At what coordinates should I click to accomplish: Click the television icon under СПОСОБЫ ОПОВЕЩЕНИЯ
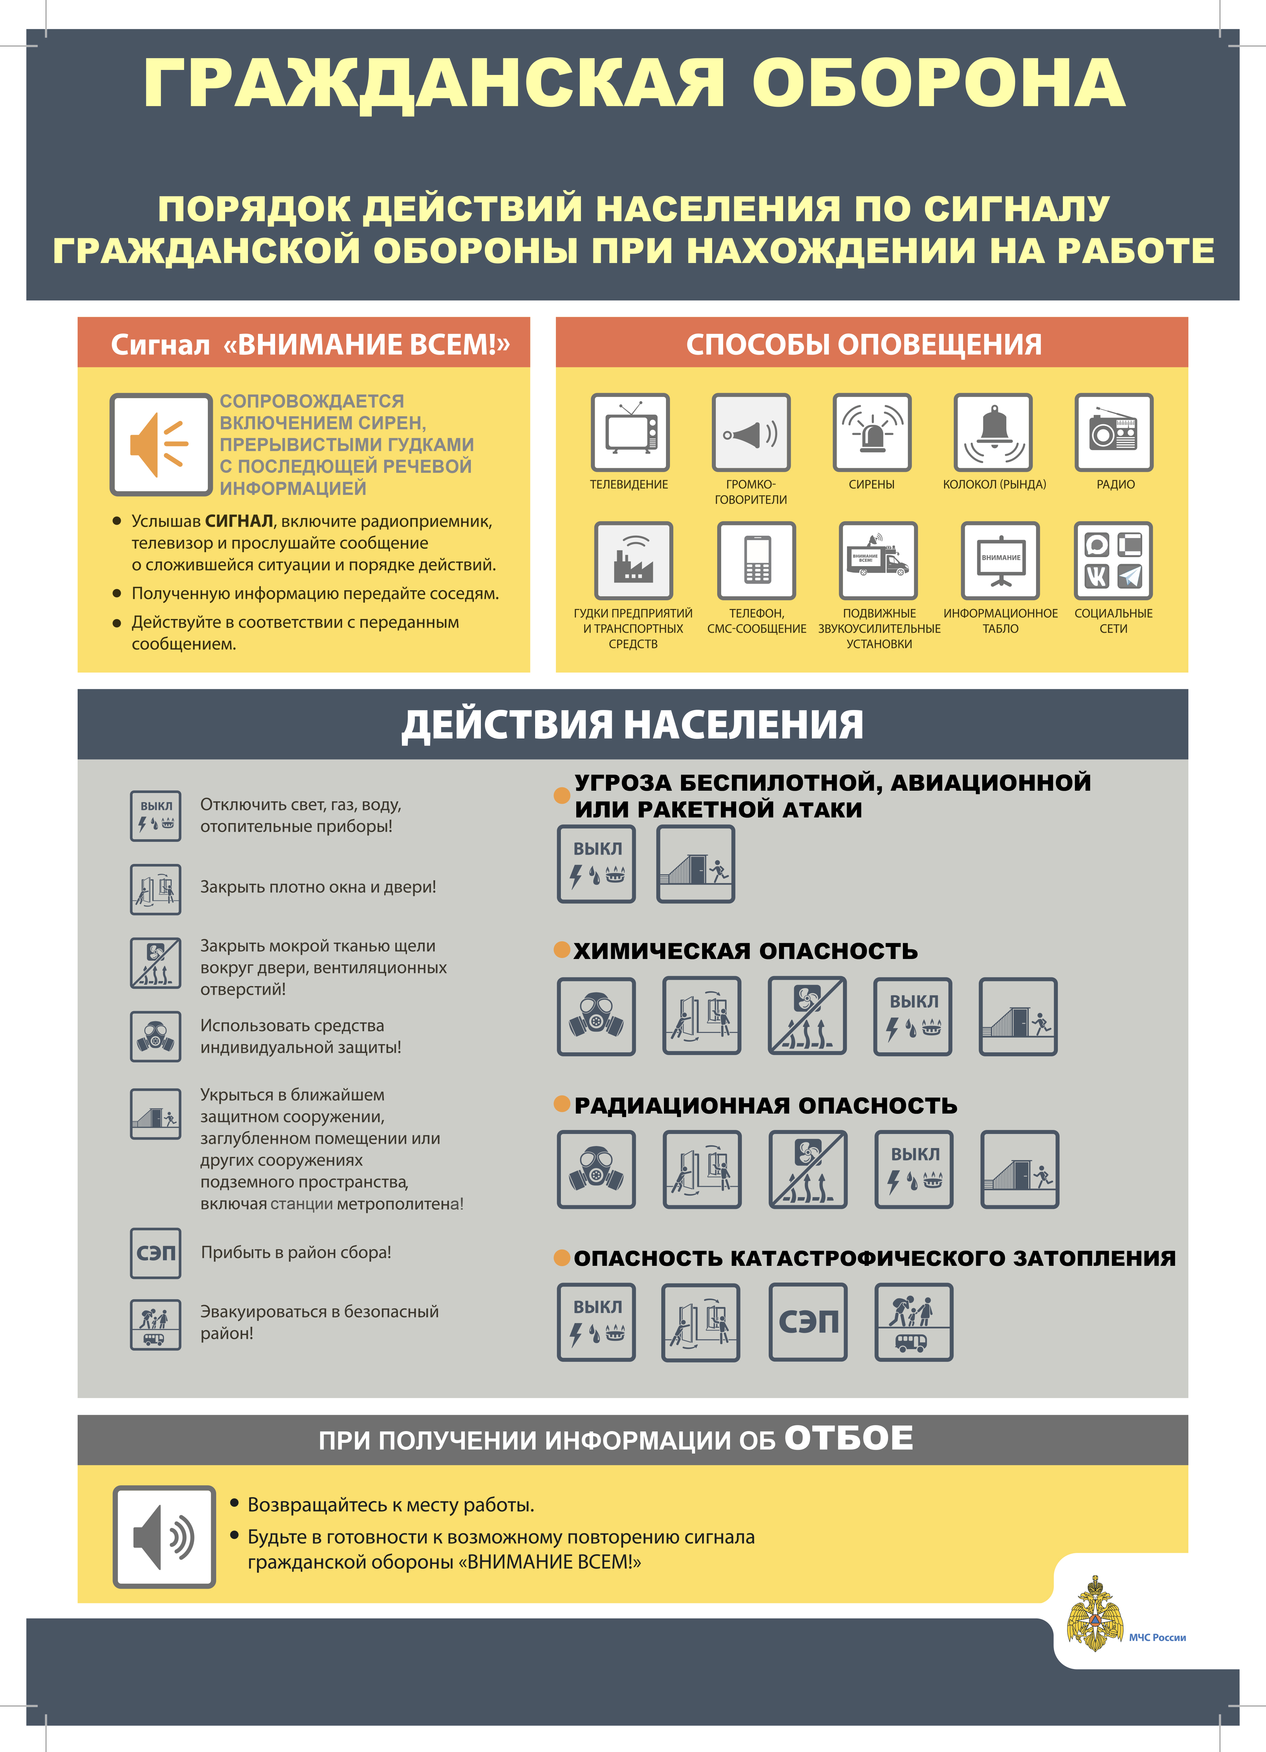(630, 433)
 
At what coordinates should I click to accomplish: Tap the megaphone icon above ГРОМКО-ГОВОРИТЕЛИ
(751, 433)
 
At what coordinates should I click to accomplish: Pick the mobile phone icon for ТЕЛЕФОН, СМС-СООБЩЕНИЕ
(756, 561)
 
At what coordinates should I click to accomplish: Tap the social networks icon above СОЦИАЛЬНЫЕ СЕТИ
(1113, 561)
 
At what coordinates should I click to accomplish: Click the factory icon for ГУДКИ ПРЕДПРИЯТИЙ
(634, 561)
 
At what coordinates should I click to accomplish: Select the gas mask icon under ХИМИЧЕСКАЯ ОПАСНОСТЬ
(596, 1017)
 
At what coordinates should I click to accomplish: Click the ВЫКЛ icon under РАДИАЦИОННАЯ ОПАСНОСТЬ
(914, 1169)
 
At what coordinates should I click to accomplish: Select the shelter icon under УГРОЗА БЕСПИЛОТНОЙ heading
(695, 864)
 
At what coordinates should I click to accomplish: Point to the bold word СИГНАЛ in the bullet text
(240, 521)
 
